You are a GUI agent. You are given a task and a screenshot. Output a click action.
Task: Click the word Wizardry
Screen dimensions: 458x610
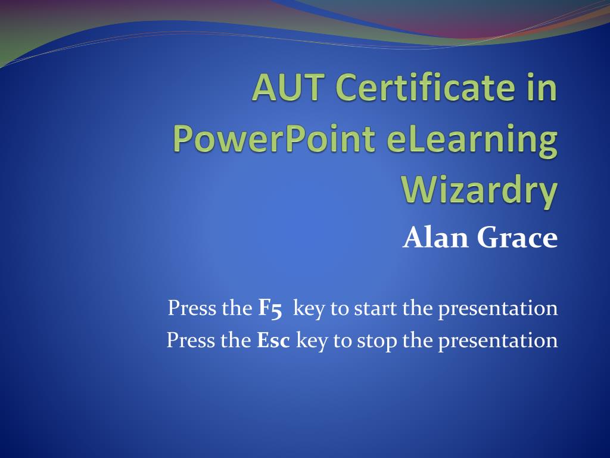pyautogui.click(x=480, y=190)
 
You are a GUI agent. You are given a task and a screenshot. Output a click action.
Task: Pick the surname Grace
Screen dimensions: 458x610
pyautogui.click(x=516, y=239)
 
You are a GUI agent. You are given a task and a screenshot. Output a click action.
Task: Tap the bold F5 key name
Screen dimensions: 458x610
pyautogui.click(x=270, y=308)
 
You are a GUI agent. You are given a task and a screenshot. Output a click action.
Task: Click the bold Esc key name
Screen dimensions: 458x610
pyautogui.click(x=273, y=340)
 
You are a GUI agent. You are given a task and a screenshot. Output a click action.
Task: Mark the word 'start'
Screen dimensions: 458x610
pyautogui.click(x=375, y=308)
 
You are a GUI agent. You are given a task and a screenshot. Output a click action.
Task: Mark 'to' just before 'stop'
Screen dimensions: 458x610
pyautogui.click(x=343, y=341)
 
